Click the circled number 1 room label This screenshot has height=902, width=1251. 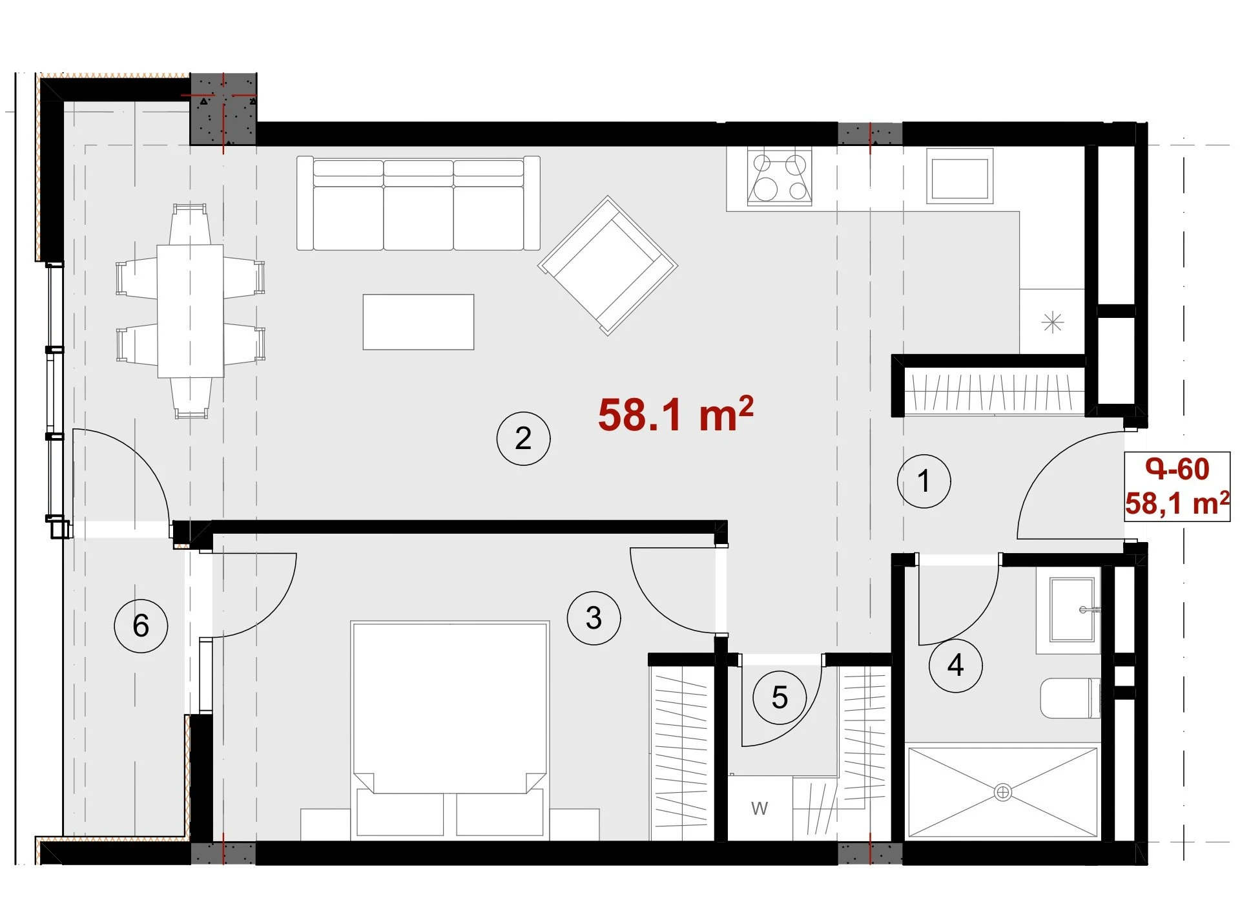(924, 481)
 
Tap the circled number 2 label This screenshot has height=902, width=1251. (523, 439)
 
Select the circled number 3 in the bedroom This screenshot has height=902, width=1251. (594, 618)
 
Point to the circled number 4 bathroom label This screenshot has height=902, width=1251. (955, 666)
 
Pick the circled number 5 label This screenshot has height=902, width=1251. (780, 698)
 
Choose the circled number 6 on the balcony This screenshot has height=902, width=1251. (141, 625)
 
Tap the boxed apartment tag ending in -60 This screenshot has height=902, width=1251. (1177, 487)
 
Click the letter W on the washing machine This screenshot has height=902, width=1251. (760, 808)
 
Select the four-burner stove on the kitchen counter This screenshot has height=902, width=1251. (780, 176)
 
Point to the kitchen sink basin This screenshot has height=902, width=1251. (960, 176)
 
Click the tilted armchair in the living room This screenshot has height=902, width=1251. (608, 266)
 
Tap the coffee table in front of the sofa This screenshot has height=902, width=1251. (419, 322)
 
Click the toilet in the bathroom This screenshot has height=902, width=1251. (1070, 698)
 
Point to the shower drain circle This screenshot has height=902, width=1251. (1002, 792)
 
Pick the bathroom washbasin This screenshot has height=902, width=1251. (1073, 609)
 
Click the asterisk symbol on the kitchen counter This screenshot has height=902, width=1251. (1053, 322)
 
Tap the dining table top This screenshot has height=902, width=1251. (191, 311)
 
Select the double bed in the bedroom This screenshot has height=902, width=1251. (450, 731)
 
